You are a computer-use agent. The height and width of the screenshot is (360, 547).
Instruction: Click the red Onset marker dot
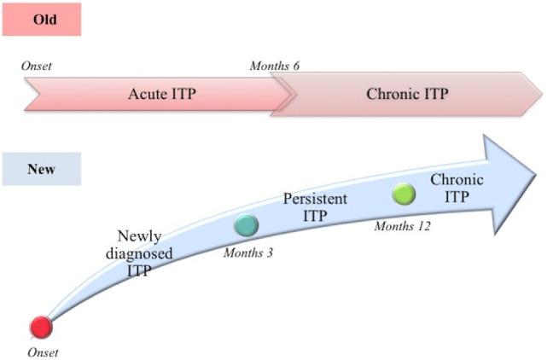click(x=40, y=328)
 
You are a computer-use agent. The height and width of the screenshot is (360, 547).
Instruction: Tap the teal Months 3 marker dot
click(x=246, y=225)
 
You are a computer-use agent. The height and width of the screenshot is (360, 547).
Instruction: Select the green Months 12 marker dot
click(x=404, y=195)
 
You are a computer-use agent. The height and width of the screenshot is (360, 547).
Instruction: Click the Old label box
click(x=41, y=19)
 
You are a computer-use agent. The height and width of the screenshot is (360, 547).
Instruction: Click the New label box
click(x=41, y=169)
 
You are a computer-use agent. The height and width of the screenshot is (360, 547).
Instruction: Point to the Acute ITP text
click(x=162, y=93)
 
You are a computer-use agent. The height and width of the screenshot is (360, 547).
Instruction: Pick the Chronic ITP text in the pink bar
click(x=406, y=93)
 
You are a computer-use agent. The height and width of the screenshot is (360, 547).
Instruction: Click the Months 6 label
click(x=274, y=66)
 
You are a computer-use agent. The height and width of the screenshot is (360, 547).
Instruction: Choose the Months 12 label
click(x=402, y=225)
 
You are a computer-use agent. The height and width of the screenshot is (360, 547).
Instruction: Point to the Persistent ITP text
click(x=314, y=206)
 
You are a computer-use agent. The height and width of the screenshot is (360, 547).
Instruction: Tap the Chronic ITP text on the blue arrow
click(x=457, y=189)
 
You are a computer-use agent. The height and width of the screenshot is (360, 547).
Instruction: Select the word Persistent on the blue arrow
click(x=314, y=199)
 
